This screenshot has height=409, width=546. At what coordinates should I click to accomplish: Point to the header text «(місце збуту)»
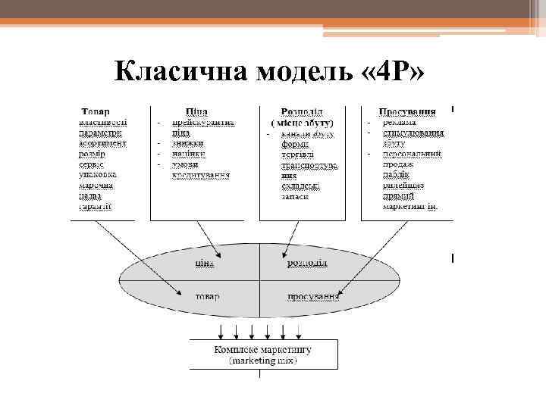[302, 122]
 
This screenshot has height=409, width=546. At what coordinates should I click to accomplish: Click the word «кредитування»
[201, 174]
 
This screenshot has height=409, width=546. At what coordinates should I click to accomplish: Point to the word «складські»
[300, 185]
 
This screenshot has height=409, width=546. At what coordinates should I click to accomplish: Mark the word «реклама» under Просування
[399, 123]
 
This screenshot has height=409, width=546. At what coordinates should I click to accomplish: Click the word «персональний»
[413, 154]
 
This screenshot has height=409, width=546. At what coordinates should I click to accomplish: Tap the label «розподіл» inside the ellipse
[306, 262]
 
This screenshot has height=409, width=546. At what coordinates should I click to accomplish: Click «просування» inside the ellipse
[313, 295]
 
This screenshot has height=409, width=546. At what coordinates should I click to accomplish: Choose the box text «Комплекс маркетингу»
[262, 351]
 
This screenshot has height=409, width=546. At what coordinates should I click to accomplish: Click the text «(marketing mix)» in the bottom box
[262, 361]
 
